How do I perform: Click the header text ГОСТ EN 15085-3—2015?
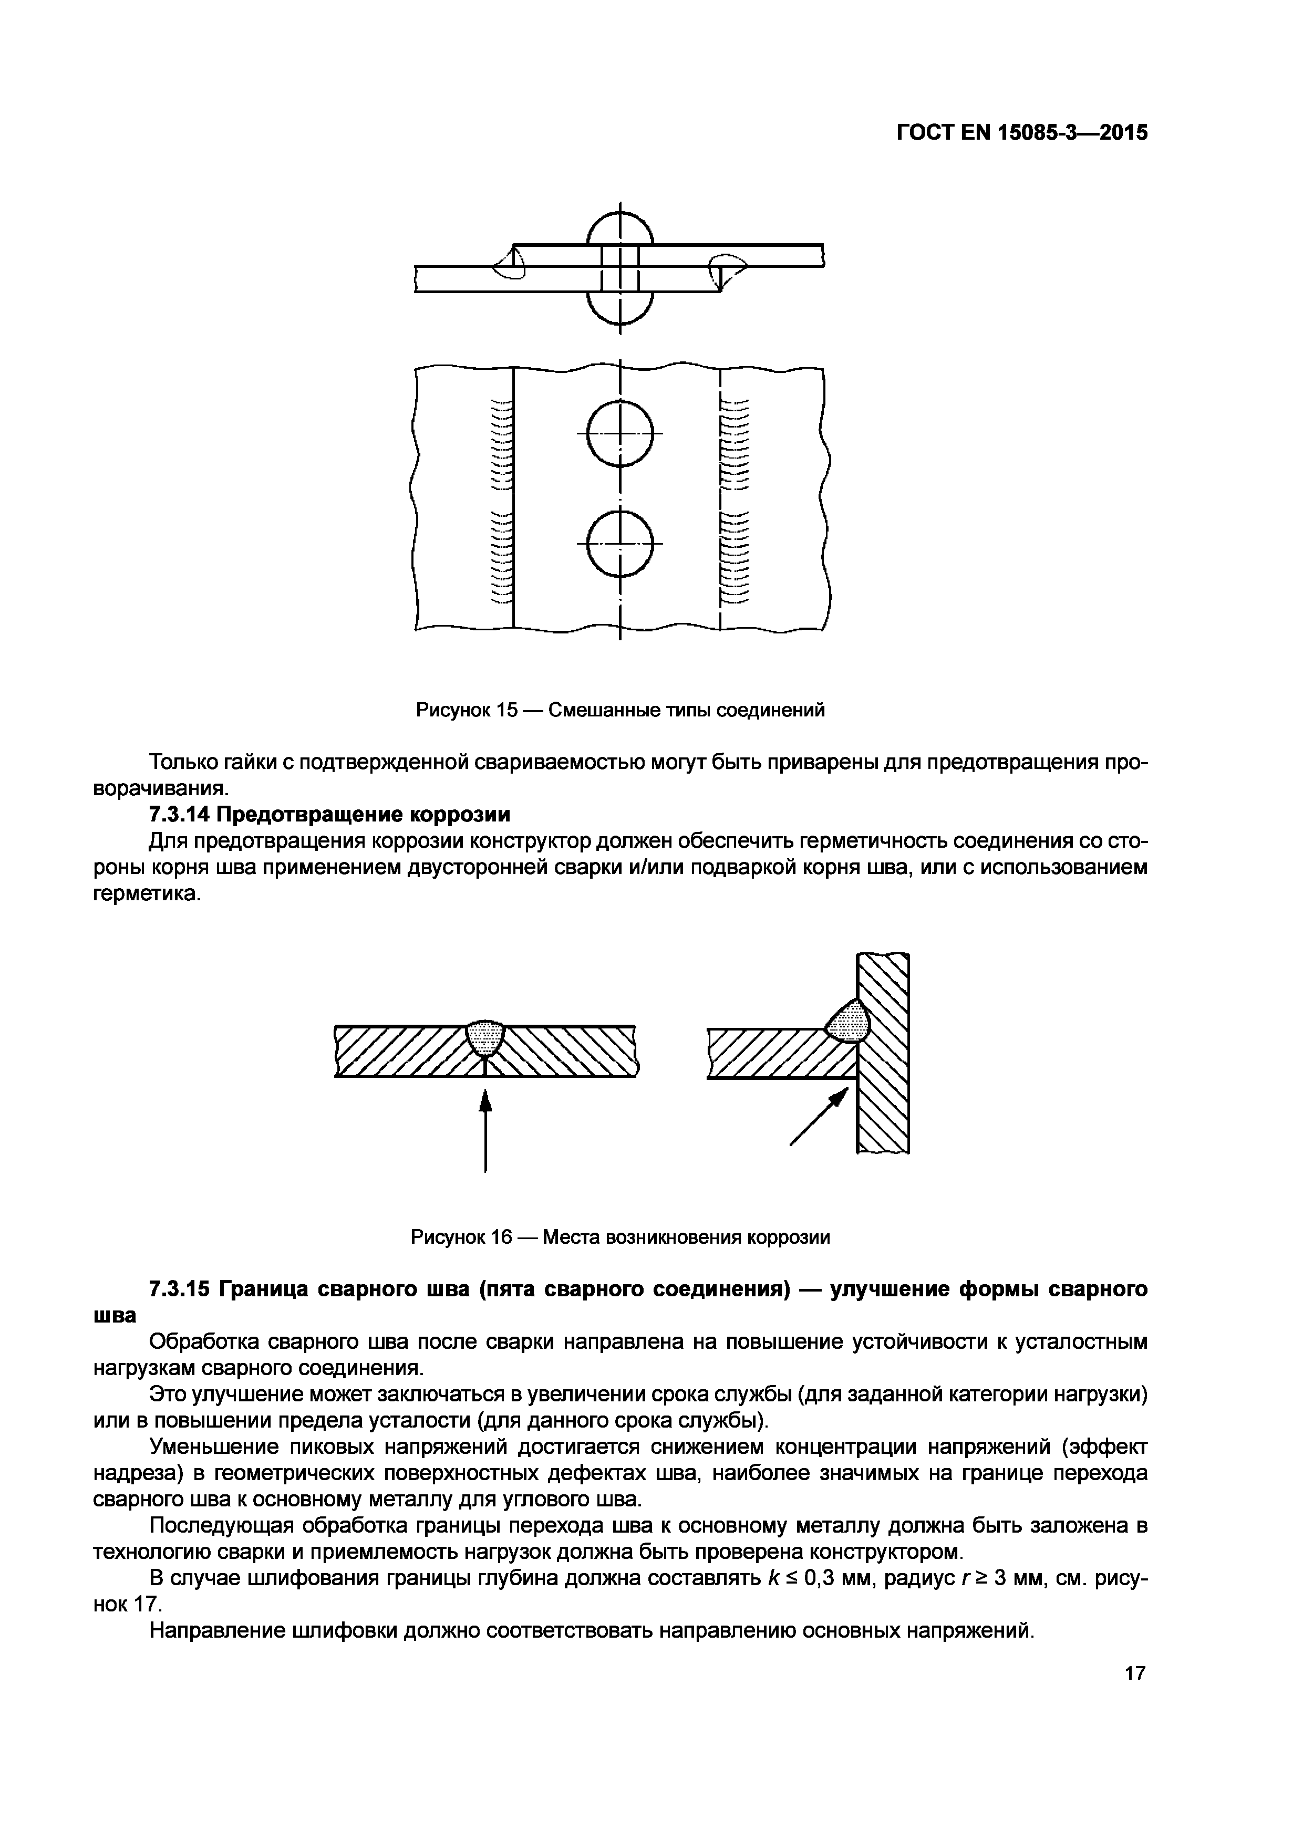tap(1021, 132)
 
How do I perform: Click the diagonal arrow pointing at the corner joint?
tap(820, 1116)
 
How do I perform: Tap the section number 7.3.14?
tap(178, 814)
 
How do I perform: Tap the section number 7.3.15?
tap(178, 1289)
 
